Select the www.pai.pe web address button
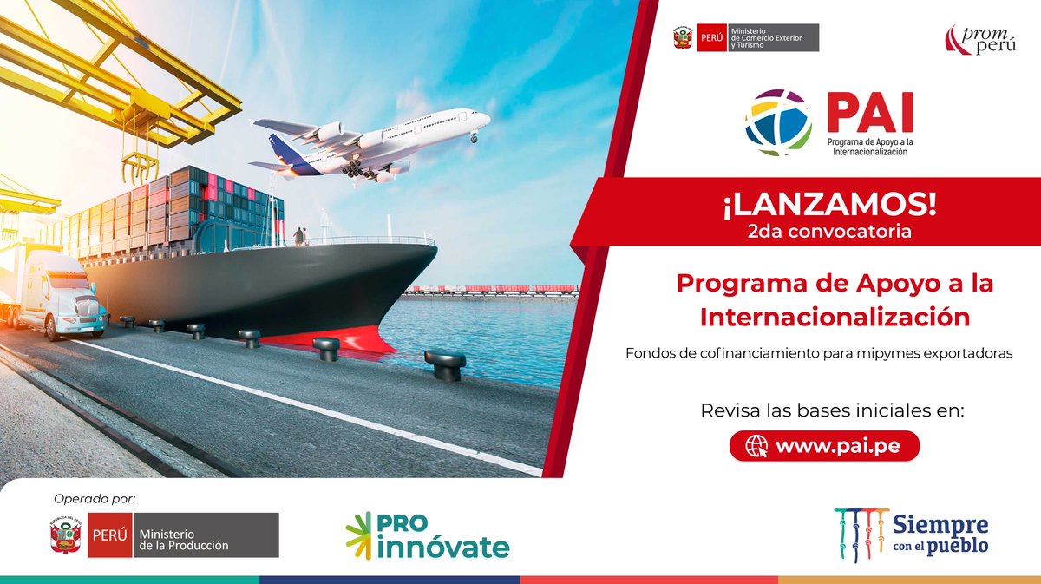823,446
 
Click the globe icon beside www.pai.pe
756,446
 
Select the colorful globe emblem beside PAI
779,122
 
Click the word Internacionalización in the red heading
835,317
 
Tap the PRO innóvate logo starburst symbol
359,535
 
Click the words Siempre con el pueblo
940,534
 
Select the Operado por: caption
95,498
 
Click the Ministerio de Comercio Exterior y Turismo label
767,37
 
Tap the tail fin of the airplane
283,147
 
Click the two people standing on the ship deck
299,236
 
